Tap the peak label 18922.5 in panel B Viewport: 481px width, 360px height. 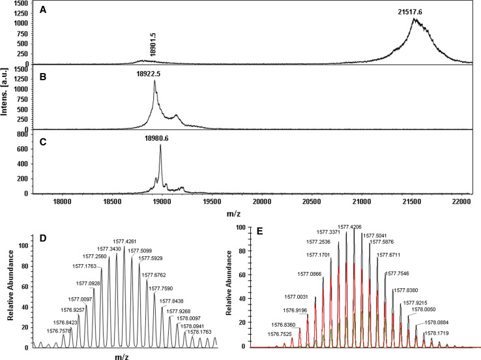point(149,74)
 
